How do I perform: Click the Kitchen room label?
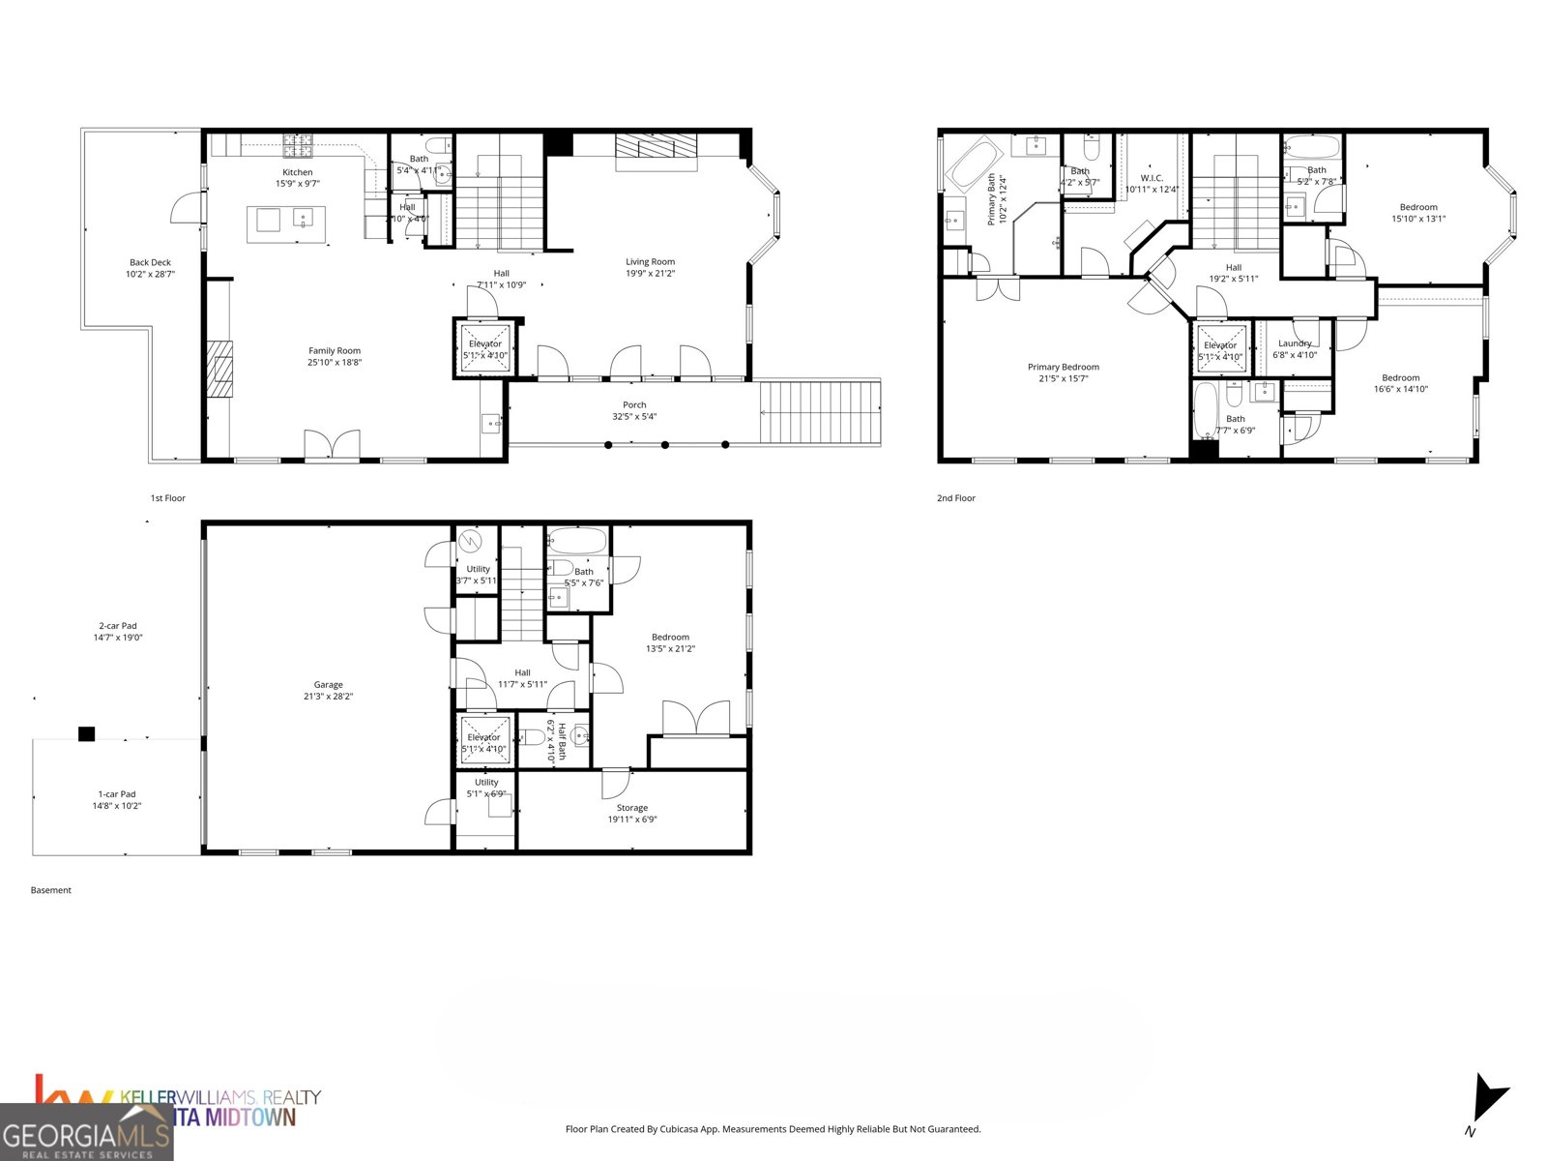(x=297, y=172)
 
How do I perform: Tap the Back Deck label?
(x=150, y=262)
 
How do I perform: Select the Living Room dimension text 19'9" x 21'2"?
(x=650, y=274)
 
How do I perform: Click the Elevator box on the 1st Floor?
(x=485, y=348)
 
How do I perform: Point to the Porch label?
(x=634, y=405)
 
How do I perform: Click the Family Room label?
(x=335, y=351)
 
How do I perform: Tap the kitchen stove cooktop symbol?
(x=298, y=146)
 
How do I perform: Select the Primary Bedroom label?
(x=1063, y=368)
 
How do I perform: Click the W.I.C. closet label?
(x=1151, y=178)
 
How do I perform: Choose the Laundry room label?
(x=1295, y=343)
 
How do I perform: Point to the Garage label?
(x=328, y=685)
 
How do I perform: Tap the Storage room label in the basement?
(x=632, y=808)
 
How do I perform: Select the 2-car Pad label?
(x=118, y=626)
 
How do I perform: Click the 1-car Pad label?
(x=116, y=794)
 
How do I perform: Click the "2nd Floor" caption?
(x=956, y=498)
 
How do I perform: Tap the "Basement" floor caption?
(x=50, y=890)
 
